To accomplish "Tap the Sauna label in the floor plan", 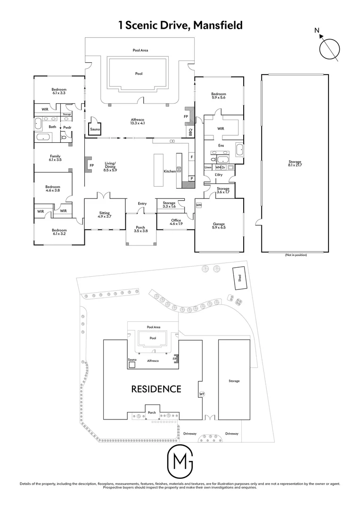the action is tap(95, 130).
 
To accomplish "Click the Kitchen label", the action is tap(170, 171).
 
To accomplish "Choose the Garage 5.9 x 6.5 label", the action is tap(219, 226).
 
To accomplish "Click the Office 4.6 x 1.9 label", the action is tap(176, 222).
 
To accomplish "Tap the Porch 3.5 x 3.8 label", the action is tap(140, 229).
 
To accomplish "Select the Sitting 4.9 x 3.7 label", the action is tap(105, 214).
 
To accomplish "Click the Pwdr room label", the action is tap(67, 128).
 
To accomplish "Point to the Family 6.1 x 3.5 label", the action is tap(55, 158).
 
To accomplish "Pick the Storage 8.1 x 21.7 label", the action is tap(295, 163).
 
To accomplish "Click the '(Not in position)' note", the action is tap(295, 255).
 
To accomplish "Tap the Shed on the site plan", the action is tap(239, 278).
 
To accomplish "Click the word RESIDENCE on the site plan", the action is tap(156, 389).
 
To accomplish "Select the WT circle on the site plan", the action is tap(202, 394).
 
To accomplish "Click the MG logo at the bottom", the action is tap(180, 461).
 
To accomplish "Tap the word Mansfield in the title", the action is tap(218, 25).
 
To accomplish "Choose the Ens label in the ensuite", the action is tap(221, 146).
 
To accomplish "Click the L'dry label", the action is tap(219, 175).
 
